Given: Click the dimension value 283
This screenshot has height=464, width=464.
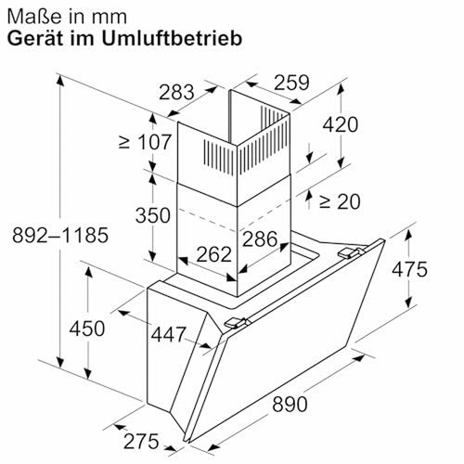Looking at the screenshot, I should [176, 92].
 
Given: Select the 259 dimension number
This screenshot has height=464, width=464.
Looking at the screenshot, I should [291, 83].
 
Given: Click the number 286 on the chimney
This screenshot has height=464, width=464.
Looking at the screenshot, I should [260, 239].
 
